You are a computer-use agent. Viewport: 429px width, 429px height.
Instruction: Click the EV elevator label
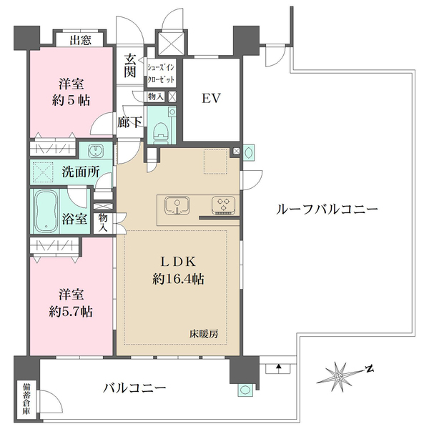[209, 99]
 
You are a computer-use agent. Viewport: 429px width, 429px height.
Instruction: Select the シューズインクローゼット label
[160, 74]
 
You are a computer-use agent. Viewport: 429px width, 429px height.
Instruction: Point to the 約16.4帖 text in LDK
[178, 280]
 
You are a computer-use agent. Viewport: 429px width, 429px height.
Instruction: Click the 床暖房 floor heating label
[204, 334]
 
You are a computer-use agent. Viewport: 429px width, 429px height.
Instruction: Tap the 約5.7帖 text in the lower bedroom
[71, 312]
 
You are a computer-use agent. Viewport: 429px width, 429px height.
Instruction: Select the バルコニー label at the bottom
[134, 388]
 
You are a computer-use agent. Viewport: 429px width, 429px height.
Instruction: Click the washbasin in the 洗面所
[98, 152]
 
